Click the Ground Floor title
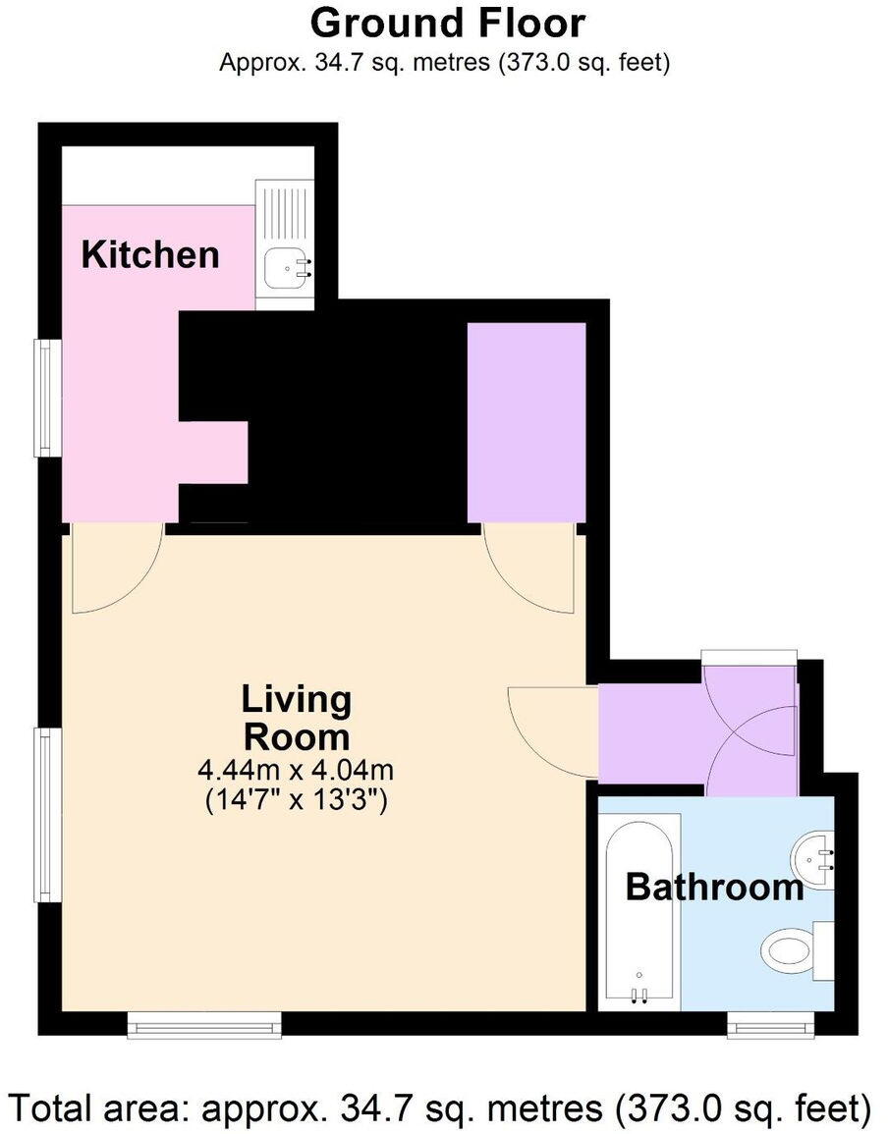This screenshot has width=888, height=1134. (x=448, y=22)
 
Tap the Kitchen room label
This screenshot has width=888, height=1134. (x=149, y=254)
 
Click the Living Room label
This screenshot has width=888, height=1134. (x=296, y=718)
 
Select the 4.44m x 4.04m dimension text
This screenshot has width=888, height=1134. (x=296, y=769)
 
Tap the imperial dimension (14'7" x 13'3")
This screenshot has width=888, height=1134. (x=296, y=799)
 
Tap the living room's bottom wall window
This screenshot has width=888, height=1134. (x=204, y=1026)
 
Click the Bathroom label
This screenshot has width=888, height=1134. (x=714, y=888)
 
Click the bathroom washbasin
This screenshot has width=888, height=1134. (x=817, y=856)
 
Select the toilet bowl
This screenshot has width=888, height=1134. (x=786, y=950)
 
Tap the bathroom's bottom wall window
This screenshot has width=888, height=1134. (x=770, y=1026)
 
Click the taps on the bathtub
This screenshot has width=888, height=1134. (x=640, y=994)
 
